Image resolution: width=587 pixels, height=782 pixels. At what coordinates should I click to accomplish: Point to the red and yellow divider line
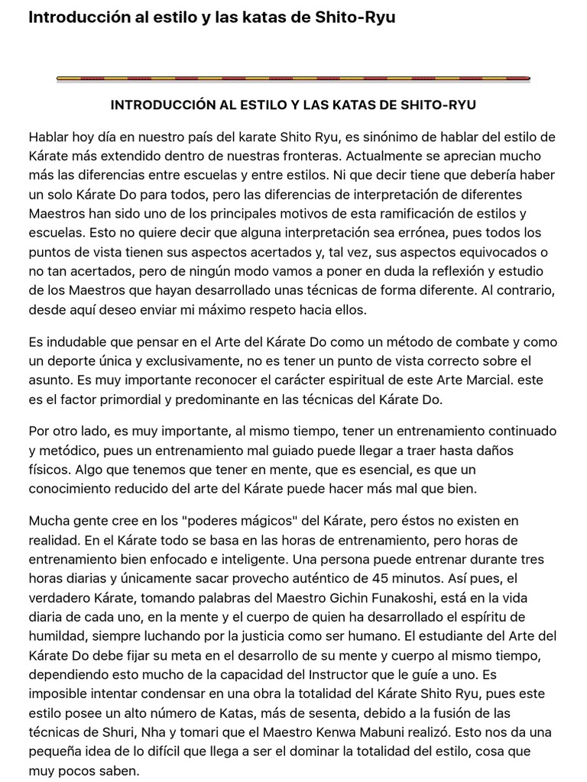pyautogui.click(x=293, y=78)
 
